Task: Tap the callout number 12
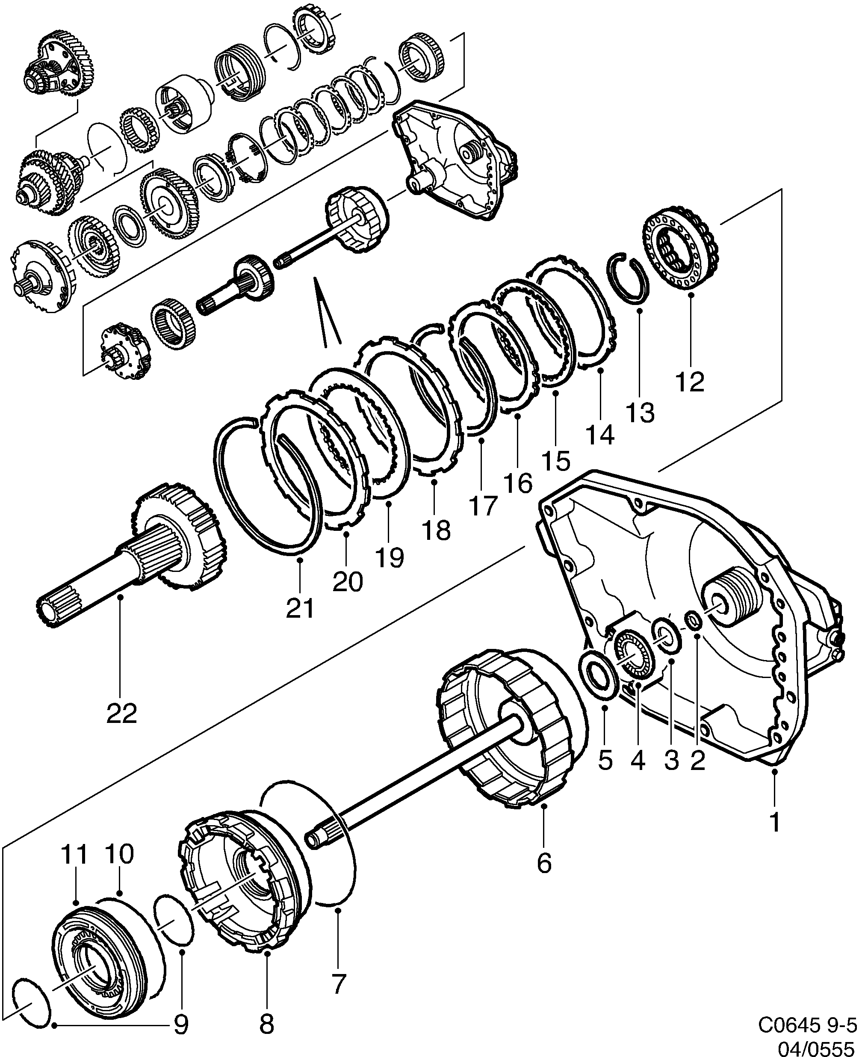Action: coord(690,382)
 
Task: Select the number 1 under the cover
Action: coord(775,823)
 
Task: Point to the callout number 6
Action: coord(544,863)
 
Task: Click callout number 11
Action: coord(74,854)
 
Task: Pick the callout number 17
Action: coord(483,506)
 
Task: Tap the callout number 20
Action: coord(348,581)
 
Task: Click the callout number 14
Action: coord(600,435)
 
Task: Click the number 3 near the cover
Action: coord(671,760)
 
